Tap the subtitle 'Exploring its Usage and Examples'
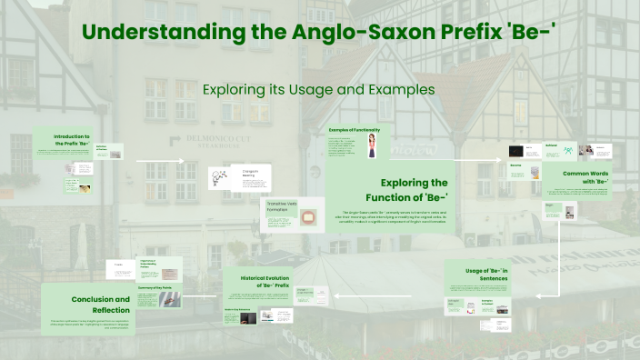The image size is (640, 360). point(319,89)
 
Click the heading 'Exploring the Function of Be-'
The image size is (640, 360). point(414,189)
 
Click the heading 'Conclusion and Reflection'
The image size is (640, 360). point(101,303)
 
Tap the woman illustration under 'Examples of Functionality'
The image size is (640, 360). point(373,146)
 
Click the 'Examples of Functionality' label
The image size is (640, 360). point(355,130)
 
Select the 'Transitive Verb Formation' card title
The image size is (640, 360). point(283,205)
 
